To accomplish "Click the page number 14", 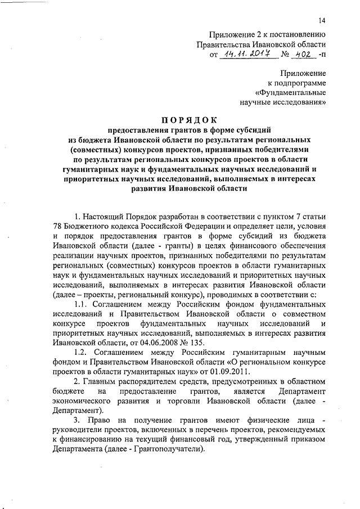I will click(321, 21).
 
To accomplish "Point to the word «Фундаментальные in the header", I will click(290, 92).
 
